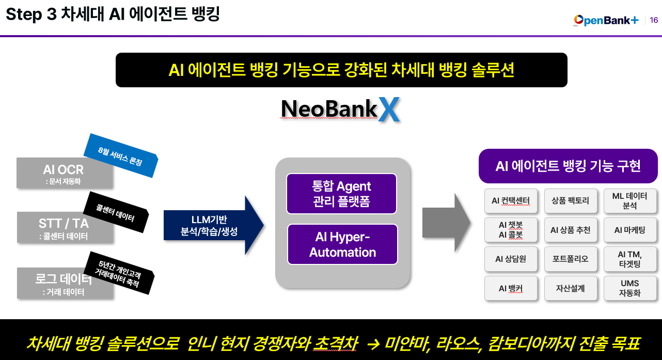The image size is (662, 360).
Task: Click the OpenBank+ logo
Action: [606, 20]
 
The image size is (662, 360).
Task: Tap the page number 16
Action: [654, 20]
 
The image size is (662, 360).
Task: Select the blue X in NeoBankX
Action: [389, 109]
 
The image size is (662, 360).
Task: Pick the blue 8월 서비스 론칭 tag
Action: [120, 155]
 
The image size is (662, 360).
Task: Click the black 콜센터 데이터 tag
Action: [116, 212]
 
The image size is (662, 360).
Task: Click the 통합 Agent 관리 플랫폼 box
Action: [341, 194]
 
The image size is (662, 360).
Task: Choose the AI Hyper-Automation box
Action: [342, 244]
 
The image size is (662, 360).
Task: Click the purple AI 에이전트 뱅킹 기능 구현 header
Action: [568, 166]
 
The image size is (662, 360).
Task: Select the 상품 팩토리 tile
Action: [570, 200]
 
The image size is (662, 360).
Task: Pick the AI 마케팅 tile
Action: [629, 230]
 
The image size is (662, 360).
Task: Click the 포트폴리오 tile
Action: [570, 259]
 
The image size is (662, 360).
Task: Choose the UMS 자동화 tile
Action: [629, 288]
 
